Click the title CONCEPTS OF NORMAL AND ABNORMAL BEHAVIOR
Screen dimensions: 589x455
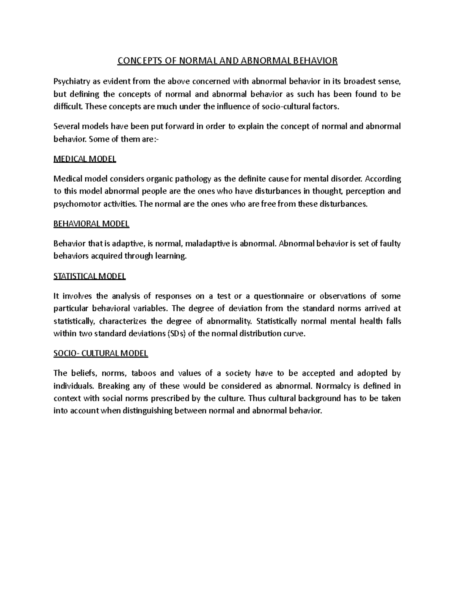[x=227, y=61]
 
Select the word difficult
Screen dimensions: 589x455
[x=68, y=107]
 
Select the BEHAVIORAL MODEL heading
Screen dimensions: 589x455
[x=91, y=224]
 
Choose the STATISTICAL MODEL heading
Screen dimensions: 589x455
[x=89, y=276]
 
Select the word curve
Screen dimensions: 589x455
[x=294, y=334]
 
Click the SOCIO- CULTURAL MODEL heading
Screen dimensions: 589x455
[x=100, y=353]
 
